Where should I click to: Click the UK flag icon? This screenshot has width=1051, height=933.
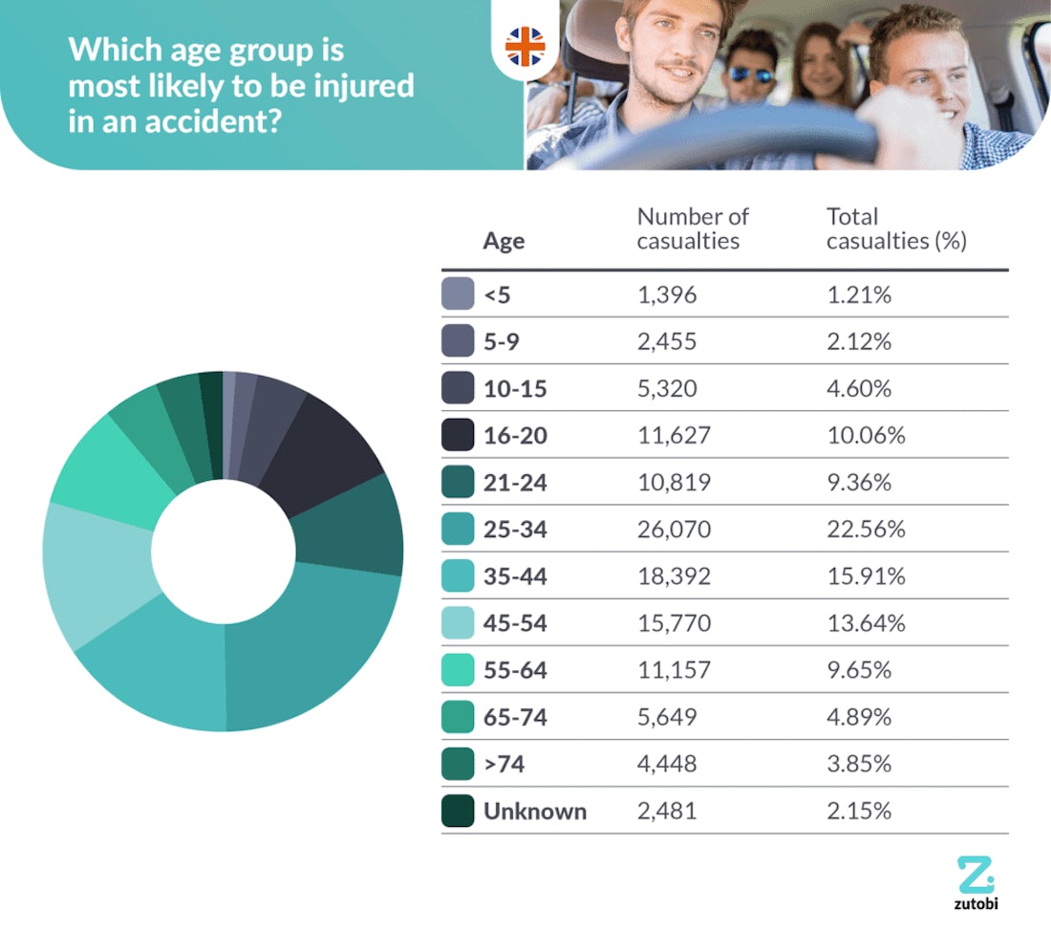coord(525,46)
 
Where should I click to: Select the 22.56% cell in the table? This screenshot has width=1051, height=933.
coord(866,530)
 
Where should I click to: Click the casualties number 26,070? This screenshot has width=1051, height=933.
coord(674,530)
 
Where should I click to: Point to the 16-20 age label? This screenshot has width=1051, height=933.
coord(516,436)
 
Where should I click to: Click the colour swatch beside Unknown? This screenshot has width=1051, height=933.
coord(458,812)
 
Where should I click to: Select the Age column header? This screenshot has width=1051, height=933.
coord(504,241)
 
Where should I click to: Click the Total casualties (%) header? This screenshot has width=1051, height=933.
coord(896,229)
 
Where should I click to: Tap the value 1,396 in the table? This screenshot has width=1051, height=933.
coord(667,295)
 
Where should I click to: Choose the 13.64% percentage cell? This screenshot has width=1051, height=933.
coord(866,624)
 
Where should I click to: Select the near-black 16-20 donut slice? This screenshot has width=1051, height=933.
coord(325,449)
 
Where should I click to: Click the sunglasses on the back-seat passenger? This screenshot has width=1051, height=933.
coord(751,74)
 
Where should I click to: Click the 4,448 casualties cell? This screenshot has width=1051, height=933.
coord(667,764)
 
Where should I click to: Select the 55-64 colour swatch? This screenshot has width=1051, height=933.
coord(458,671)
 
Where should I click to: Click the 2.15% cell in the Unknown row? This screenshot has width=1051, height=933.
coord(859,812)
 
